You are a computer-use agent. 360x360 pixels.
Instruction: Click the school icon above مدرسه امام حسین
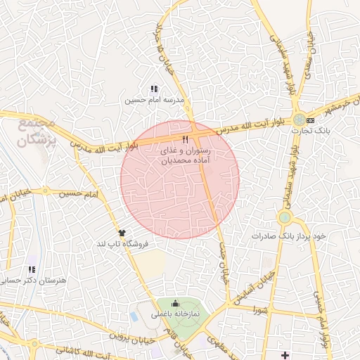pos(154,89)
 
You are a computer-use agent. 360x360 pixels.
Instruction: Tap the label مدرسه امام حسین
pos(154,101)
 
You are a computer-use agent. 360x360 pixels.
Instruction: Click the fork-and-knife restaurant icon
pos(186,139)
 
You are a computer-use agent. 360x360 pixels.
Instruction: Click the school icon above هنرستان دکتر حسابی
pos(31,269)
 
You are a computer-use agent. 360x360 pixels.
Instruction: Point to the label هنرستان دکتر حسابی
pos(32,281)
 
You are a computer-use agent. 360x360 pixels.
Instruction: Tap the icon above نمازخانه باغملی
pos(175,303)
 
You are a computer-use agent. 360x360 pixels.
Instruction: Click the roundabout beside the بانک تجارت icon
pos(300,119)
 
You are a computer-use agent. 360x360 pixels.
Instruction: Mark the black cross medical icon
pos(285,353)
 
